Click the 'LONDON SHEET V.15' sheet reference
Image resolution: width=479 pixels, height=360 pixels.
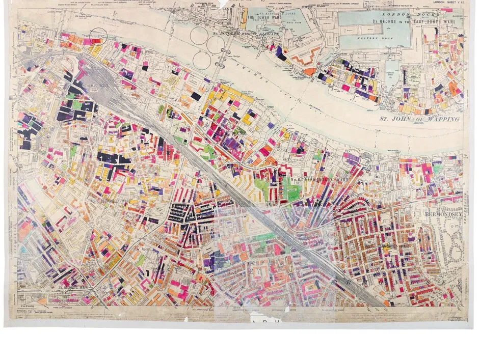449,3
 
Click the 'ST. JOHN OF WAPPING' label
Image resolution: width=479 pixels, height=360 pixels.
419,119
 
